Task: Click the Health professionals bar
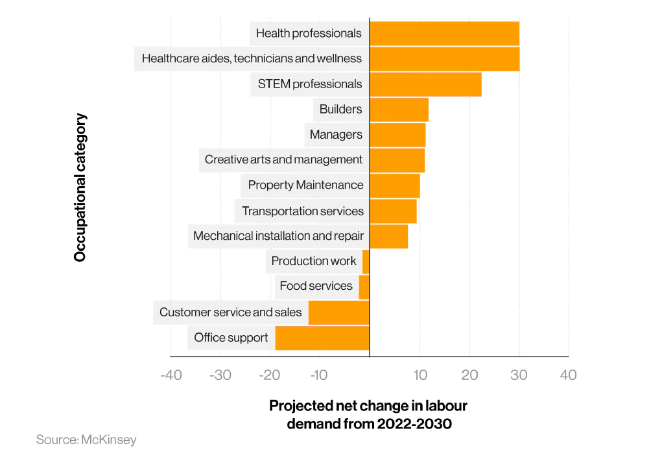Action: pyautogui.click(x=444, y=34)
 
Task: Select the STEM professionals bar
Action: pyautogui.click(x=425, y=84)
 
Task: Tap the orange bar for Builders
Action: pyautogui.click(x=399, y=110)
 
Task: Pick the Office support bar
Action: pyautogui.click(x=322, y=338)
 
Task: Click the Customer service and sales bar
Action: pyautogui.click(x=338, y=312)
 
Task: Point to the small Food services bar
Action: pyautogui.click(x=364, y=287)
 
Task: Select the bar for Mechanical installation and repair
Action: pyautogui.click(x=388, y=236)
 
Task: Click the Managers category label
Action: pyautogui.click(x=336, y=135)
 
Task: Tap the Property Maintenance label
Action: pyautogui.click(x=305, y=185)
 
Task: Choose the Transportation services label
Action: pyautogui.click(x=303, y=211)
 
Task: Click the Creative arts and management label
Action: pyautogui.click(x=283, y=159)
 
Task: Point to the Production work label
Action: pyautogui.click(x=314, y=261)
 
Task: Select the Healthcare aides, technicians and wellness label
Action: pyautogui.click(x=252, y=58)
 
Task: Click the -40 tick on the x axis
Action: pyautogui.click(x=171, y=375)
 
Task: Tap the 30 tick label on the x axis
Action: pyautogui.click(x=519, y=375)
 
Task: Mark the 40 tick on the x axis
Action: pyautogui.click(x=568, y=375)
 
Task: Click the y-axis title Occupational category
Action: pyautogui.click(x=80, y=188)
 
